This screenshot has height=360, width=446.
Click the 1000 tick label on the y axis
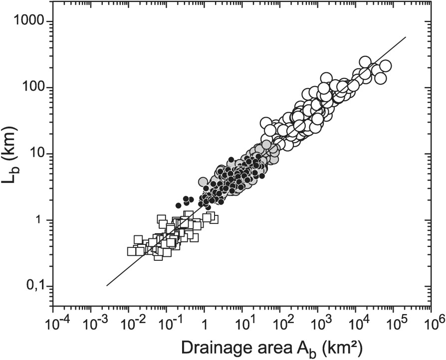[x=30, y=22]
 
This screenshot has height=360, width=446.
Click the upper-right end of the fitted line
[x=406, y=37]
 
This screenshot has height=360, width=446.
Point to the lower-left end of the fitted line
[x=107, y=286]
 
